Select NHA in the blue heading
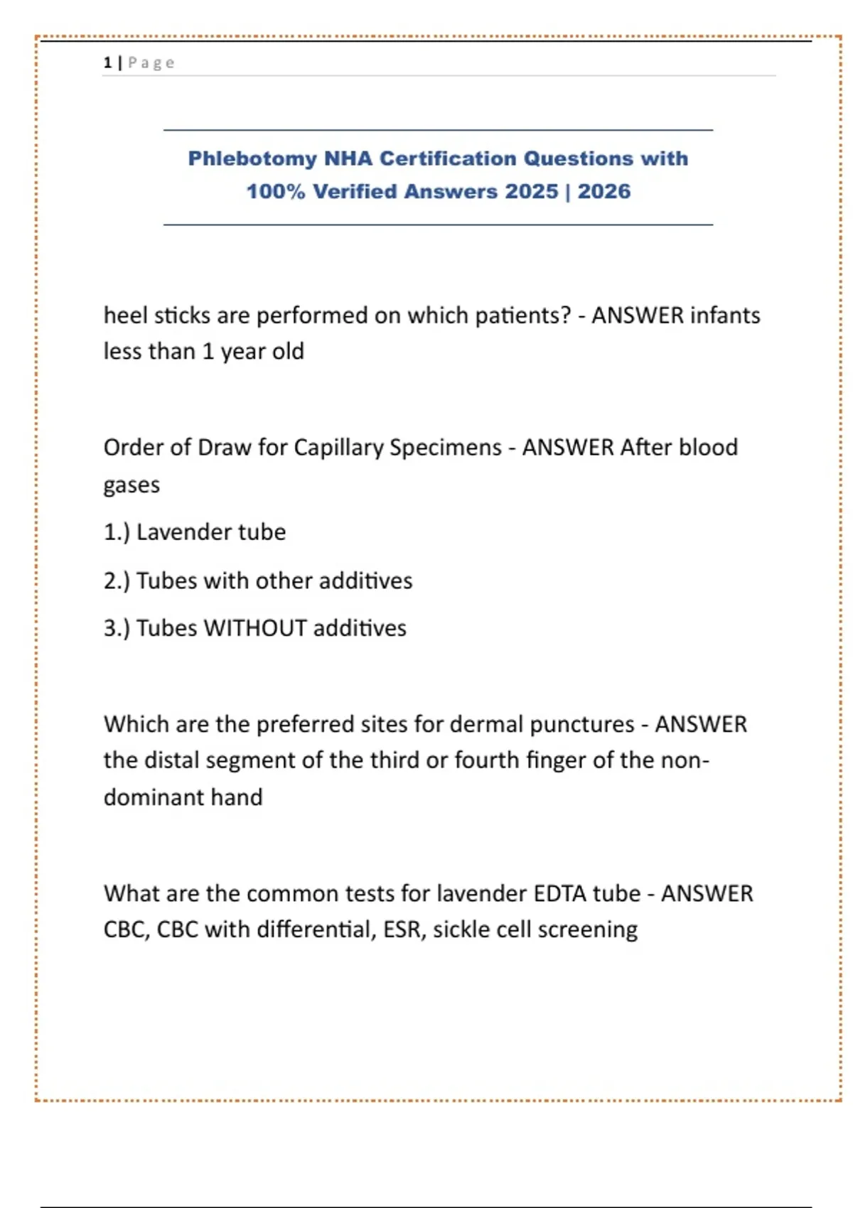348,158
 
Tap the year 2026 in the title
604,192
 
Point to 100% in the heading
276,192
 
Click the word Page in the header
151,63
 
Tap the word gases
132,485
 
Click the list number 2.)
117,581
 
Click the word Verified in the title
355,192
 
